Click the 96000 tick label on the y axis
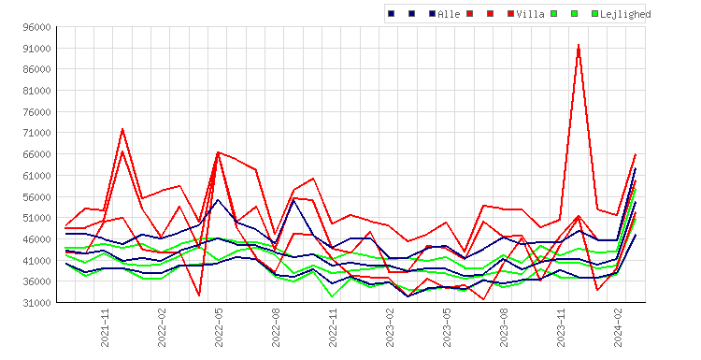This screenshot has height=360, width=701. click(x=36, y=27)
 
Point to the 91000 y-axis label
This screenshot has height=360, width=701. click(x=36, y=49)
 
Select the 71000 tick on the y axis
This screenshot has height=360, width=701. click(x=36, y=133)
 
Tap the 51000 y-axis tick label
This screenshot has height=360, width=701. click(x=36, y=218)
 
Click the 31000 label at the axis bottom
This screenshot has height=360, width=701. click(x=36, y=303)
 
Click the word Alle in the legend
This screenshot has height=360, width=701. click(x=449, y=14)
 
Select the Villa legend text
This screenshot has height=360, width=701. click(x=530, y=14)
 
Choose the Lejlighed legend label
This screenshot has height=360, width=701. click(x=625, y=14)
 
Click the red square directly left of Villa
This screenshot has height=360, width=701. click(x=511, y=14)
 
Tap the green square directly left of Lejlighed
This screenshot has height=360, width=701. click(x=594, y=14)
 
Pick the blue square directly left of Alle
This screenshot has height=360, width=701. click(x=432, y=14)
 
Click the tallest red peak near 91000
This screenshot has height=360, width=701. click(x=579, y=45)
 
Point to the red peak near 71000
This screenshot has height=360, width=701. click(x=122, y=129)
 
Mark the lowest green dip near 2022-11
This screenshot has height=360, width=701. click(x=332, y=296)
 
